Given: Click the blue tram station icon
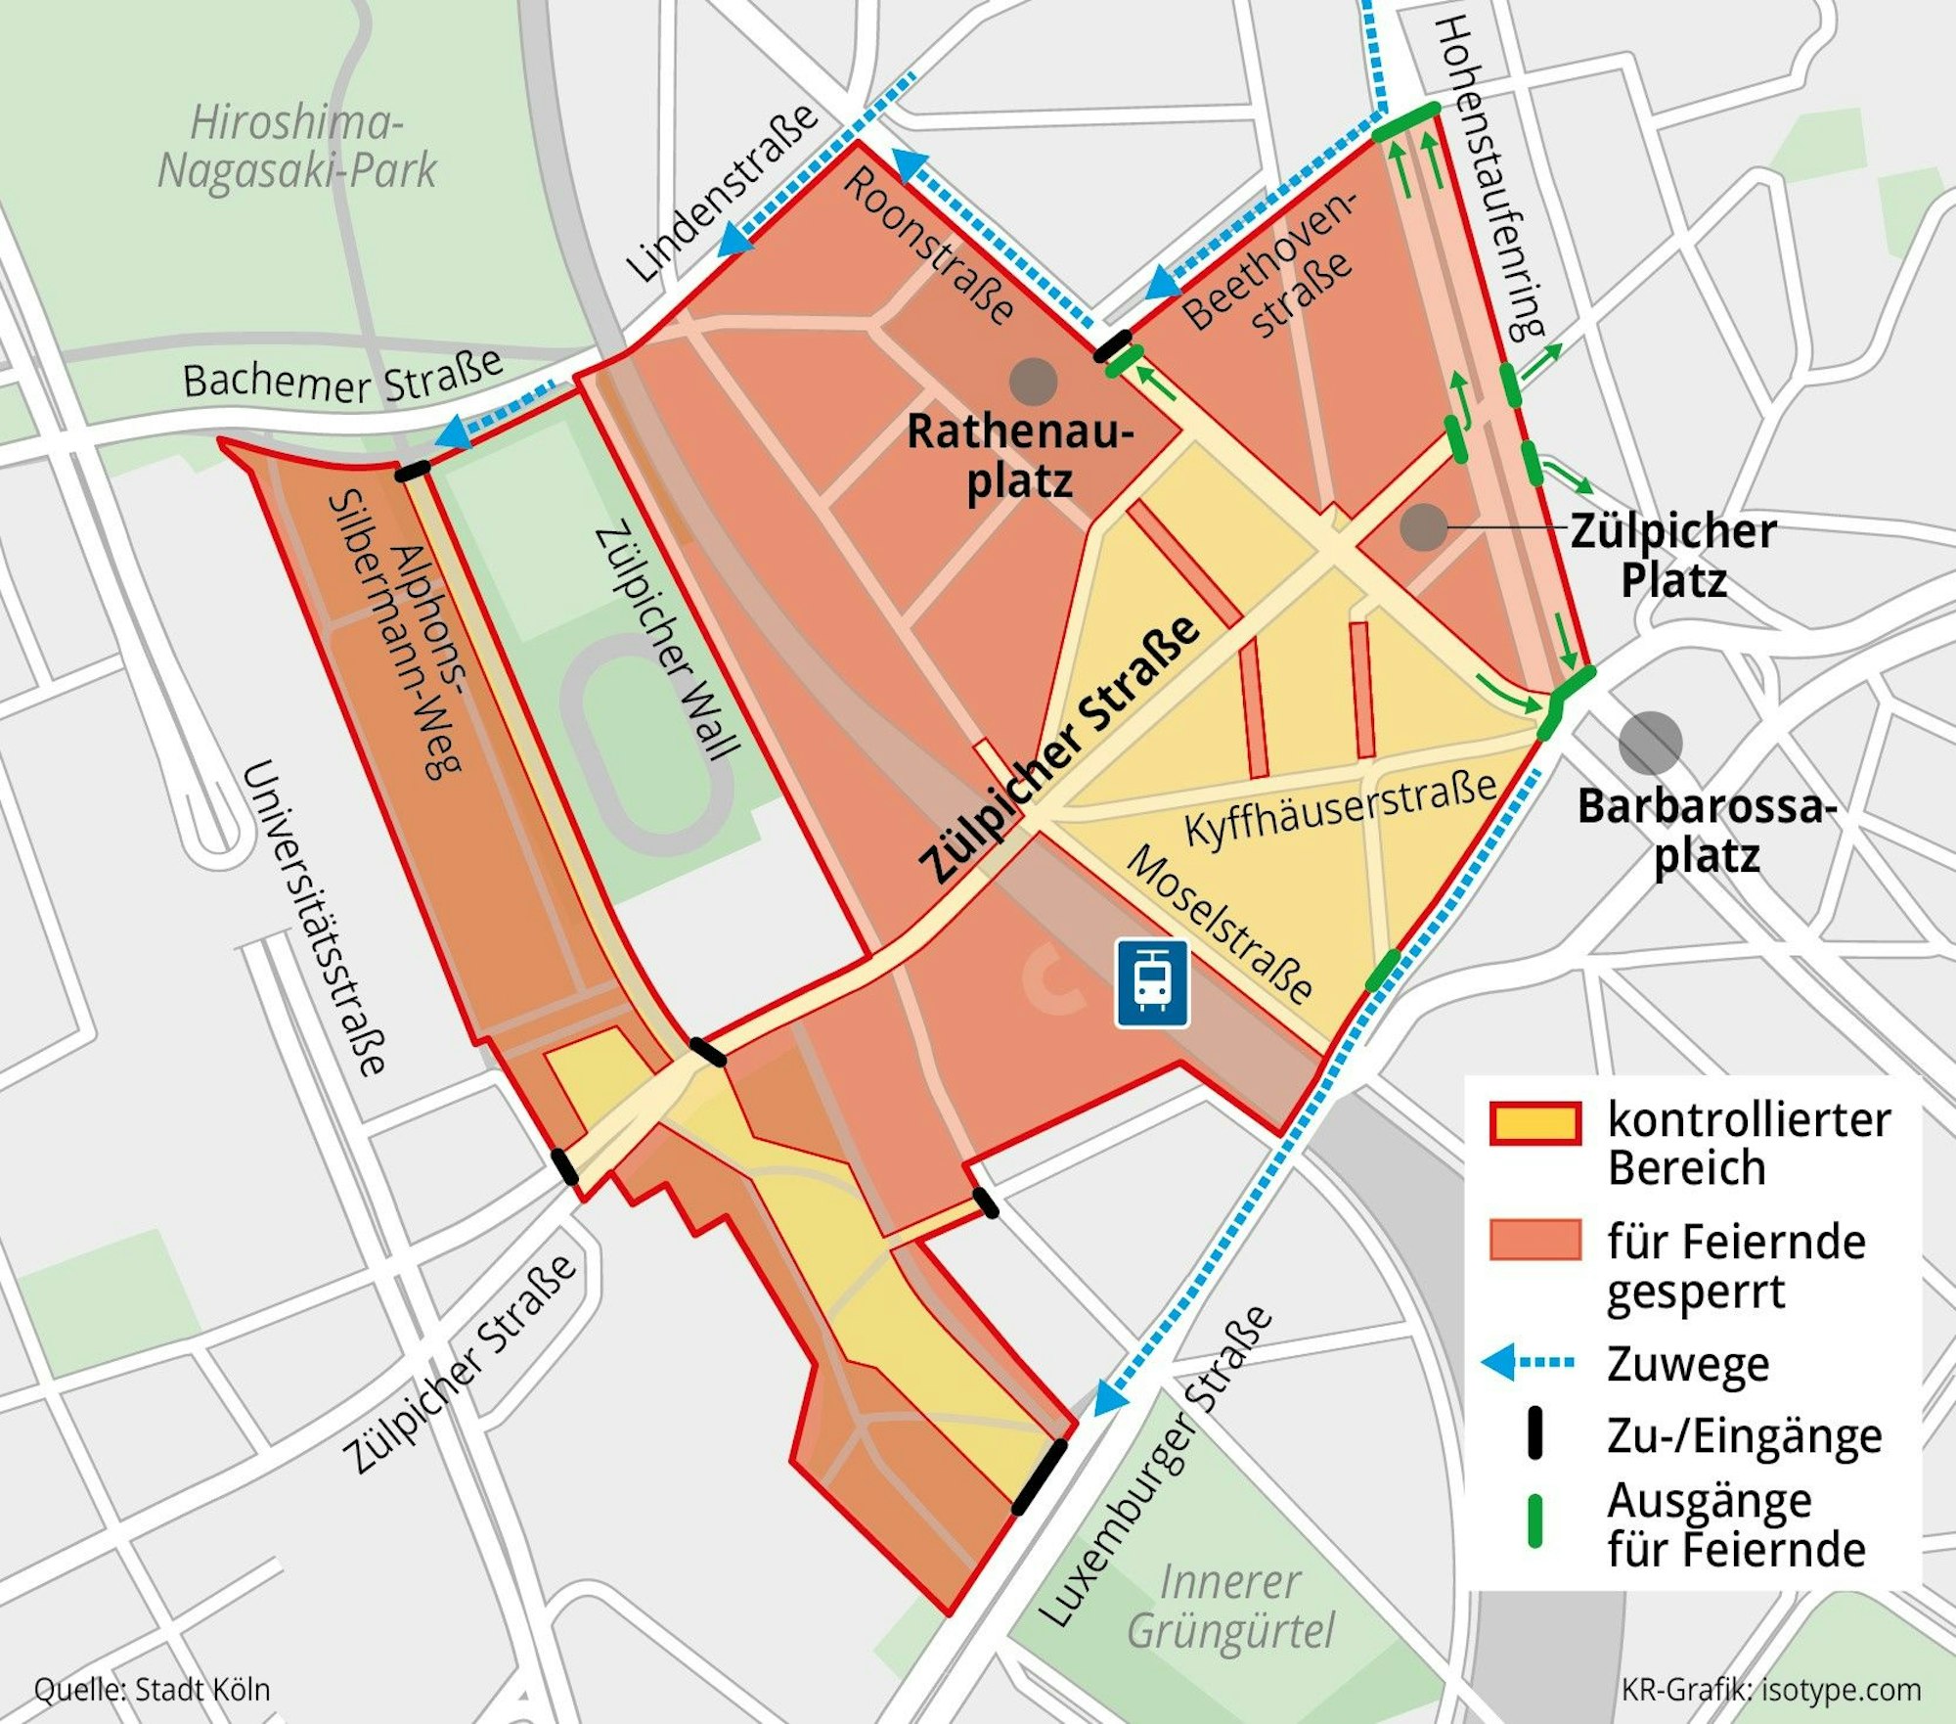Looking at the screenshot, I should click(1152, 983).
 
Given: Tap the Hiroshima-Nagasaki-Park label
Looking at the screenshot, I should click(296, 148).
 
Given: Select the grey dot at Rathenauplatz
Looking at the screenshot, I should click(1033, 382).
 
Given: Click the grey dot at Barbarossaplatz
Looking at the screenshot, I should click(1650, 743).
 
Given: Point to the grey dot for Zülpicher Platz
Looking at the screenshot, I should click(1424, 527).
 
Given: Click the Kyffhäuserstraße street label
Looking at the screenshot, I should click(1340, 809).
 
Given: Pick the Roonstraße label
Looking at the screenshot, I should click(929, 245).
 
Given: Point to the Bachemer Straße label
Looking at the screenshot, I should click(342, 377).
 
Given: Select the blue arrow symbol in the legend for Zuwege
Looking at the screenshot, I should click(1528, 1362).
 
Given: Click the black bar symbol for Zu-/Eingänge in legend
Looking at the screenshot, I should click(1534, 1434).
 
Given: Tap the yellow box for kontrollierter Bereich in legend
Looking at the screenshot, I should click(1534, 1123).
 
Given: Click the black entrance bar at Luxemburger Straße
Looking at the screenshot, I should click(1039, 1477).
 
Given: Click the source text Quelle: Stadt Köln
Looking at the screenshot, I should click(152, 1690).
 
